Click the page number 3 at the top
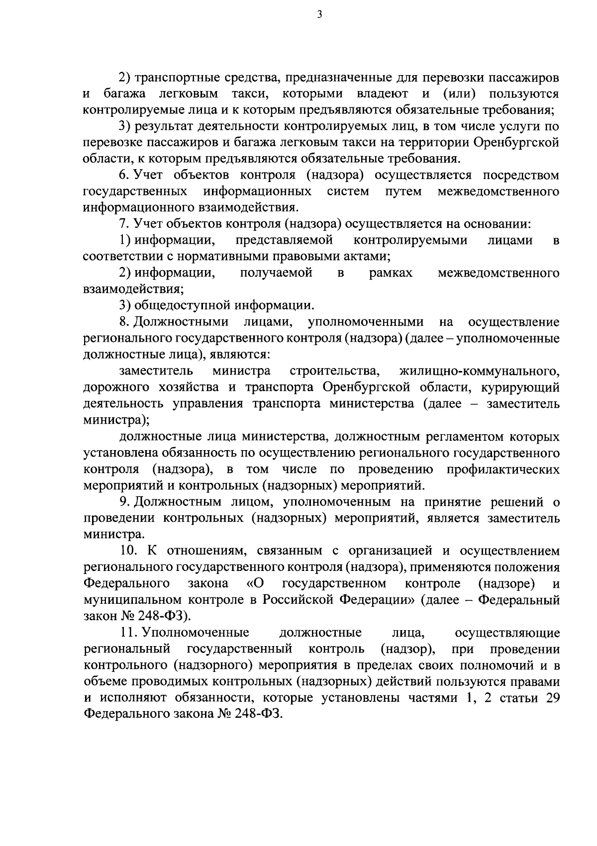pyautogui.click(x=319, y=15)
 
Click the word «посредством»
pyautogui.click(x=522, y=176)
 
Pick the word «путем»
pyautogui.click(x=403, y=192)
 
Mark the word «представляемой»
pyautogui.click(x=284, y=241)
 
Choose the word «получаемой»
pyautogui.click(x=276, y=273)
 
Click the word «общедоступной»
pyautogui.click(x=184, y=305)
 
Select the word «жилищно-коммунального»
pyautogui.click(x=480, y=371)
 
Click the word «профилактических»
pyautogui.click(x=502, y=470)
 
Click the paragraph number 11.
pyautogui.click(x=128, y=633)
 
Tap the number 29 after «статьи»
pyautogui.click(x=552, y=698)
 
